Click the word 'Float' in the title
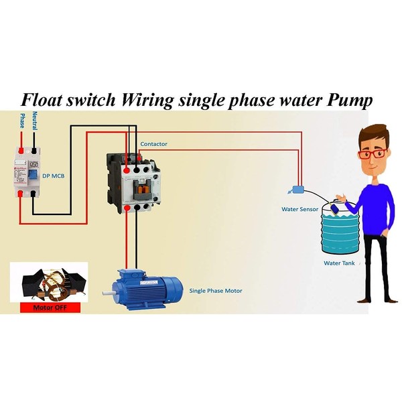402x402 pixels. point(46,99)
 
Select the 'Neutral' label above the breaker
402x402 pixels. point(34,122)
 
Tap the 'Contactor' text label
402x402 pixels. point(153,144)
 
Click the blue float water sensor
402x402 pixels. point(297,191)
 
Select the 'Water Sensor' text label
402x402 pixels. point(299,209)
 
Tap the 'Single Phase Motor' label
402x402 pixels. point(216,291)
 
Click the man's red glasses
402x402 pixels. point(373,153)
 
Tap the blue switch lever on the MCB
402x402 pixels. point(32,175)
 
